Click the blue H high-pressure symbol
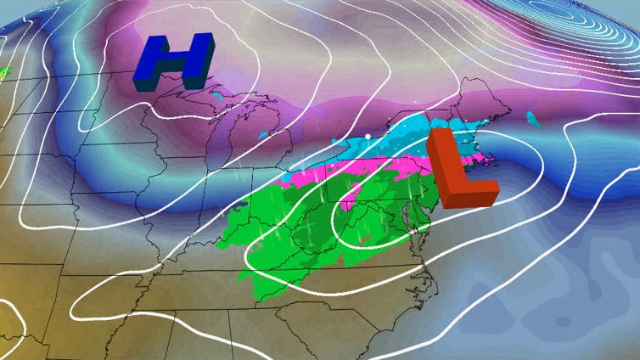[x=172, y=62]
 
